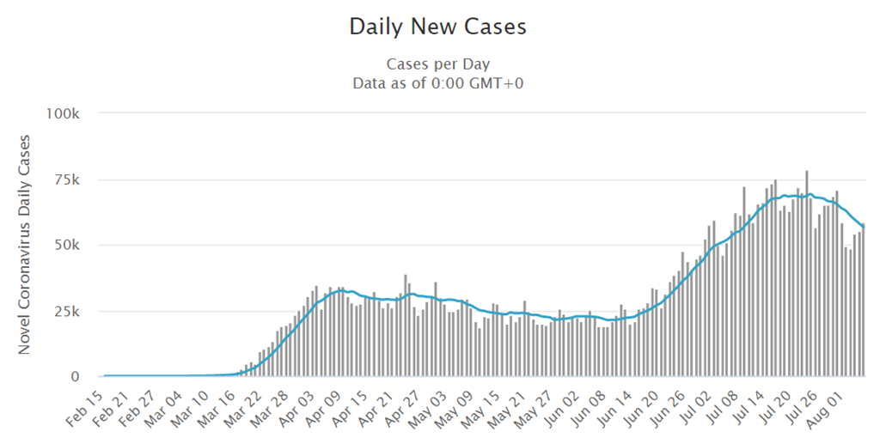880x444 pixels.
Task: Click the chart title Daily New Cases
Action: tap(437, 27)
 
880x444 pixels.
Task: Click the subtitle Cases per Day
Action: tap(437, 64)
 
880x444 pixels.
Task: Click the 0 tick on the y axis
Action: tap(76, 377)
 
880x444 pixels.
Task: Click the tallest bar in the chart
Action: tap(806, 275)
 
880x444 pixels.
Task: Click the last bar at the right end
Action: tap(863, 301)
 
